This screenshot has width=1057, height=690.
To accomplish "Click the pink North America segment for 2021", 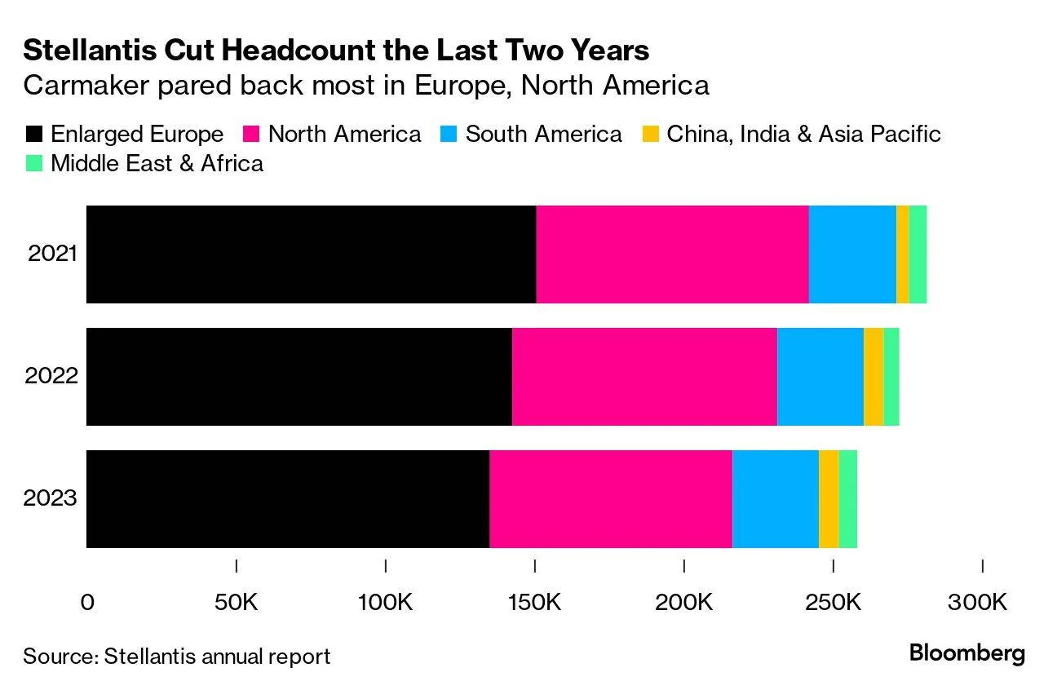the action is pyautogui.click(x=672, y=254).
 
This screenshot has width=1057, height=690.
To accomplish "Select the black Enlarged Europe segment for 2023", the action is pyautogui.click(x=288, y=499).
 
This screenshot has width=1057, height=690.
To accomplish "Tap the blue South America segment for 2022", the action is pyautogui.click(x=820, y=377).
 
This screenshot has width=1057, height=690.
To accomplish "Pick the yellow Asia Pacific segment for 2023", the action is pyautogui.click(x=829, y=499).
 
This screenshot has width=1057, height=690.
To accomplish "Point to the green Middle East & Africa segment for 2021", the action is pyautogui.click(x=918, y=254).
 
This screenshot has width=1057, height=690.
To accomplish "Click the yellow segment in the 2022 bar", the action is pyautogui.click(x=874, y=377).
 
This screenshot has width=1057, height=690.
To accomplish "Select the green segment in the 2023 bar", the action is pyautogui.click(x=848, y=499).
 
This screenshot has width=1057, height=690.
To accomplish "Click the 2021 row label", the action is pyautogui.click(x=52, y=254).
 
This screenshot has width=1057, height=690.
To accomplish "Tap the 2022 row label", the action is pyautogui.click(x=51, y=376).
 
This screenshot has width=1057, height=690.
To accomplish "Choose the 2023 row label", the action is pyautogui.click(x=50, y=498).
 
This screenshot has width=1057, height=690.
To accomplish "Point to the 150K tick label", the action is pyautogui.click(x=534, y=602).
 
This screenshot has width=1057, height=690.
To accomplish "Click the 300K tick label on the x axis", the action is pyautogui.click(x=977, y=602).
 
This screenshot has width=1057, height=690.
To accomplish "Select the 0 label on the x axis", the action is pyautogui.click(x=87, y=602).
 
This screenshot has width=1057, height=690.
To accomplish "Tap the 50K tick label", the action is pyautogui.click(x=236, y=602).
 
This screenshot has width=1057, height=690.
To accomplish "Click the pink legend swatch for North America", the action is pyautogui.click(x=251, y=134).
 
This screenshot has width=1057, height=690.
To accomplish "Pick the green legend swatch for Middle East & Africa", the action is pyautogui.click(x=34, y=164).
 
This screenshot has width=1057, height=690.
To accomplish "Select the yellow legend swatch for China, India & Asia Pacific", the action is pyautogui.click(x=650, y=134).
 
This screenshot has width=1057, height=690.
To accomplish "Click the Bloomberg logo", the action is pyautogui.click(x=967, y=653).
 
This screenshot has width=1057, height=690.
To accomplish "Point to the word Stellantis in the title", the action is pyautogui.click(x=91, y=50).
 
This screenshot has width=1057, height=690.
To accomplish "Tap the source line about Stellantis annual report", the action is pyautogui.click(x=176, y=657).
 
